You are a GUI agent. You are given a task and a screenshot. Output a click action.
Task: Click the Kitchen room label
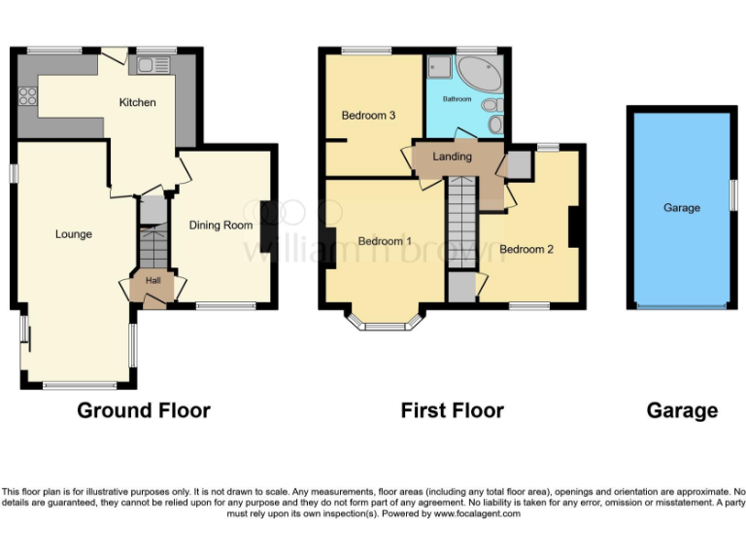[x=137, y=102]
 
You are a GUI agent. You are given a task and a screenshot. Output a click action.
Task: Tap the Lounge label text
[x=74, y=233]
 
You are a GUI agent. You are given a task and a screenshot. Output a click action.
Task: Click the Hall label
[x=153, y=281]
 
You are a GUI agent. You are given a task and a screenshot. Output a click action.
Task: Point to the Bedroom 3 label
[x=368, y=115]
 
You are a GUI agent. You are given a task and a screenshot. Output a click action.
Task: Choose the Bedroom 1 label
[x=385, y=241]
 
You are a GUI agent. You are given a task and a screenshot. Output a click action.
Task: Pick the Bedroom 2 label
[x=526, y=249]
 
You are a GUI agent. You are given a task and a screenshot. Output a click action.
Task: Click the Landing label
[x=452, y=157]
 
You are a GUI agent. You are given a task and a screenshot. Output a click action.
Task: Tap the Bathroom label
[x=457, y=99]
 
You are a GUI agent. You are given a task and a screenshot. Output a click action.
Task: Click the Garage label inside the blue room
[x=681, y=207]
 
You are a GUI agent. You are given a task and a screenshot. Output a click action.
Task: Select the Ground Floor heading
[x=144, y=410]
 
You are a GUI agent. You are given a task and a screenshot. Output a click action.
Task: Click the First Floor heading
[x=452, y=410]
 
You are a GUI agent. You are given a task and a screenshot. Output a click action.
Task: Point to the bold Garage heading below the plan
[x=682, y=410]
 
